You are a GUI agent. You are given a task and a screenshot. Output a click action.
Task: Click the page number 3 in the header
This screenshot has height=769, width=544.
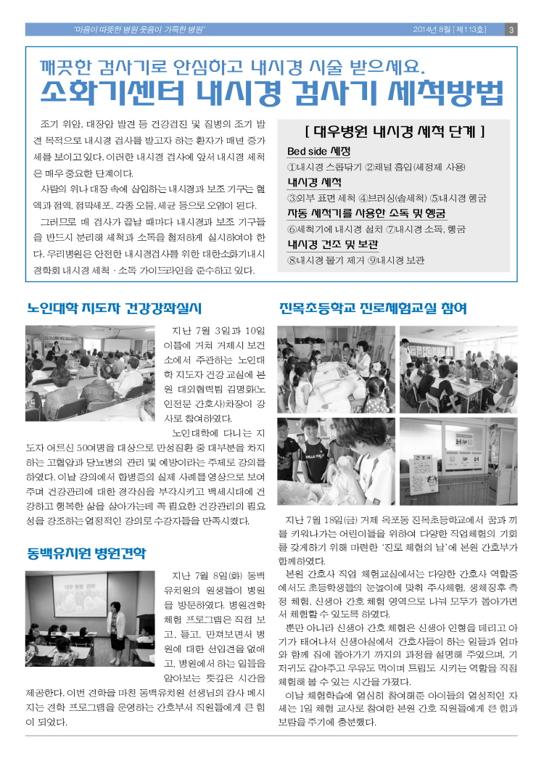(511, 30)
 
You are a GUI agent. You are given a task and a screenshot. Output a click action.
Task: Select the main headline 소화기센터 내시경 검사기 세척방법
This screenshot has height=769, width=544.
(271, 94)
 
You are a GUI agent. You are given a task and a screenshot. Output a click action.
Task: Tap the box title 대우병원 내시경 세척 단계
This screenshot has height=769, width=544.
(395, 132)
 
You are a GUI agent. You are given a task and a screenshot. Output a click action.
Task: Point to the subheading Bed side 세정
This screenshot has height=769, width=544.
(318, 152)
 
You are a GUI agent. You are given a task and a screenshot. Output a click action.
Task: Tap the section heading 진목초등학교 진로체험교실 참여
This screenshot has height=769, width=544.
(373, 308)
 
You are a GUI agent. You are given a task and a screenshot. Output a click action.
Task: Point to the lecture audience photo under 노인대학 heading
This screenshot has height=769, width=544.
(90, 374)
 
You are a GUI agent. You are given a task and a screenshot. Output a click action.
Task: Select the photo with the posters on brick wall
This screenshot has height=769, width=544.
(458, 461)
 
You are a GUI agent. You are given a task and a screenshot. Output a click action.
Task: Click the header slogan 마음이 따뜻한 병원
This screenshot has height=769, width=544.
(106, 30)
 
